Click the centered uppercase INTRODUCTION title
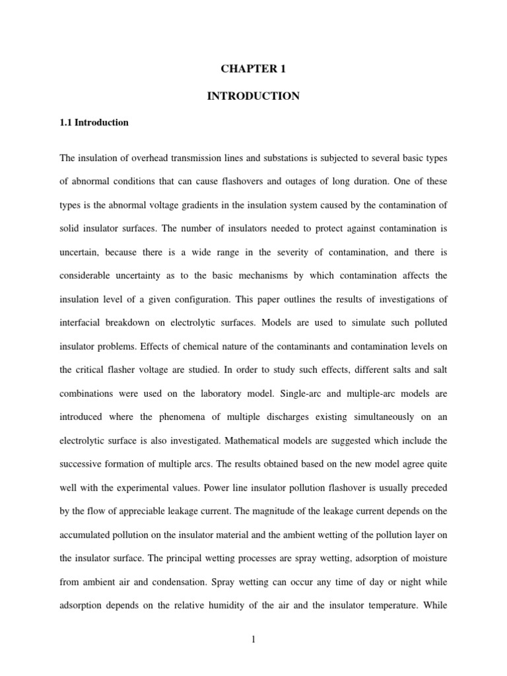click(x=253, y=96)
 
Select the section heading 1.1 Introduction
click(x=94, y=123)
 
